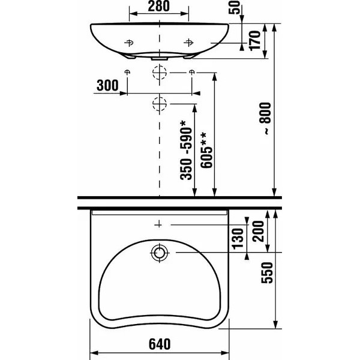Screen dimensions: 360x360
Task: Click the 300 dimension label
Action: (107, 85)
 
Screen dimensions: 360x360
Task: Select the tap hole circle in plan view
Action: (159, 253)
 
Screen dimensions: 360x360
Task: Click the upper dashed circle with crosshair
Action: (159, 73)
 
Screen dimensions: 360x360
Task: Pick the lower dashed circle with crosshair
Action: (159, 104)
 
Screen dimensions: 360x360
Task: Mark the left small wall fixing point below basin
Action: (127, 73)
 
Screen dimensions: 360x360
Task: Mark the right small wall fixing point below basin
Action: (191, 73)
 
